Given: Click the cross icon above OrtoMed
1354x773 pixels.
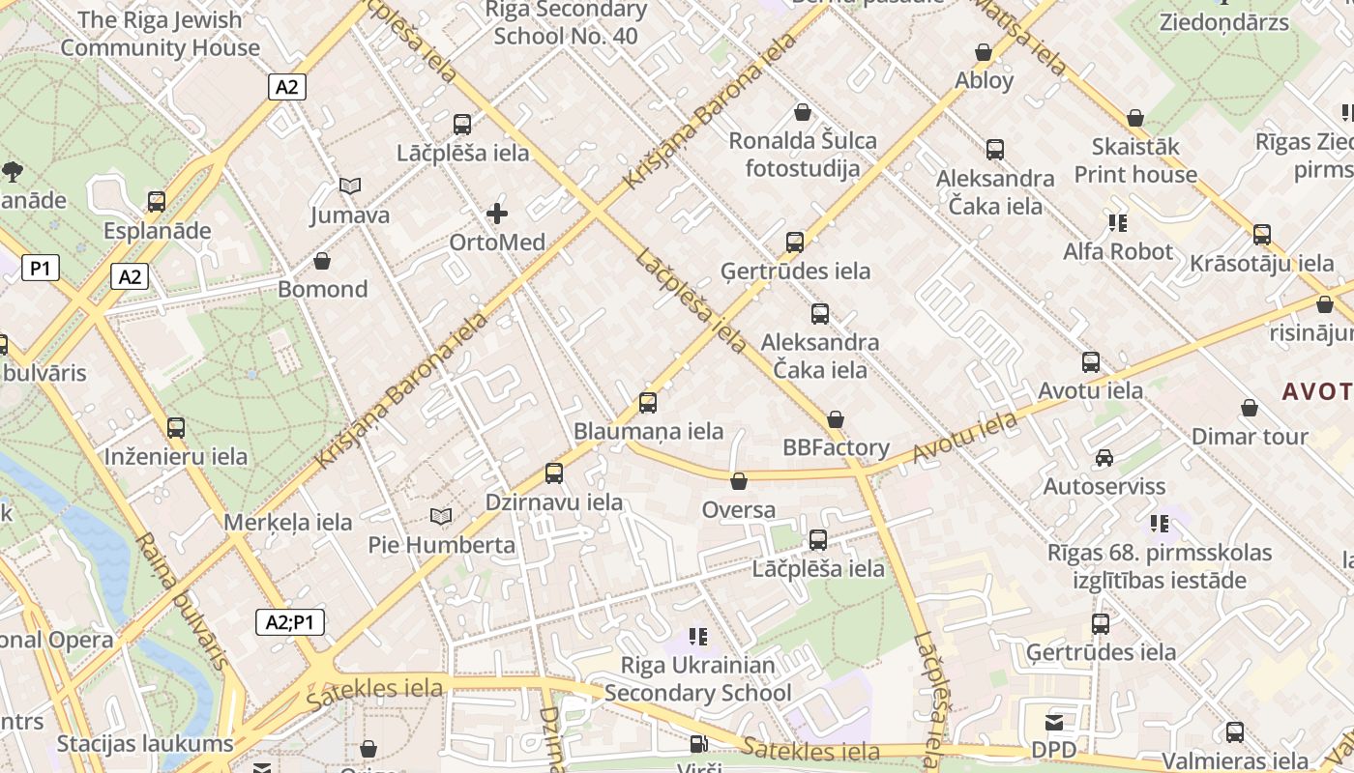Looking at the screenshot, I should point(497,213).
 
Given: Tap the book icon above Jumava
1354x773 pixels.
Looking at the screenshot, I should point(350,186).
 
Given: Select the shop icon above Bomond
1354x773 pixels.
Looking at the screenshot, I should point(322,261).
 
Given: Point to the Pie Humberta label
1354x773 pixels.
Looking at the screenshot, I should point(442,545).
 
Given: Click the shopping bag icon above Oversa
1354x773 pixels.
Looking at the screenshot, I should point(739,481).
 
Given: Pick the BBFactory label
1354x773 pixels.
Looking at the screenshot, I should point(836,447).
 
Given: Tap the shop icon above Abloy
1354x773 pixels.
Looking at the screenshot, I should point(984,52).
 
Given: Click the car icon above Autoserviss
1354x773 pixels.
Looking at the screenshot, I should point(1104,458).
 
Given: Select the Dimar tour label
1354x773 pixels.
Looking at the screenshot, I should point(1250,437).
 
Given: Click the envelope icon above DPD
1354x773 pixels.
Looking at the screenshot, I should point(1053,723).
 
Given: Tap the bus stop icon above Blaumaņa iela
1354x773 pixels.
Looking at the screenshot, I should point(648,403).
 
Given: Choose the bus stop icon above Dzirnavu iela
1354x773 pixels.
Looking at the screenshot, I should point(554,473).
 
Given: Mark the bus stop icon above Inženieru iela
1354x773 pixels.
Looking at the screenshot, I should point(176,428).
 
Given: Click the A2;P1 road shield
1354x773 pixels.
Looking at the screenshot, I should point(290,622).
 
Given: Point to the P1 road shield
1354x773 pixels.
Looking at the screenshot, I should point(40,268).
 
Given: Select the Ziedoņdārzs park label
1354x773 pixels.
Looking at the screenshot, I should point(1223,21).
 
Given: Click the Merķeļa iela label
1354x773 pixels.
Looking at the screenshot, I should point(288,523).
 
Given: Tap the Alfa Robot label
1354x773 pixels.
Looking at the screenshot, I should point(1118,252).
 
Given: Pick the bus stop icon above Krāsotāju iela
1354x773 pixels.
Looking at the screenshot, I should point(1262,235).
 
